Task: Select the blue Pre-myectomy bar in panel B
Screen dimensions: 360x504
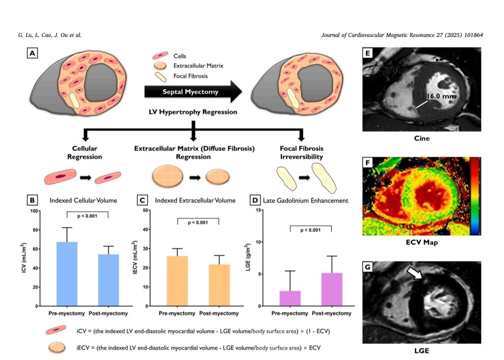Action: [x=67, y=274]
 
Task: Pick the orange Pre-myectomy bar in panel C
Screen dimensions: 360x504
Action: [x=177, y=281]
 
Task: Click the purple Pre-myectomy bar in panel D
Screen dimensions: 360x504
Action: [x=290, y=298]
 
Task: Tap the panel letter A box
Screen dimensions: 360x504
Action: [x=33, y=53]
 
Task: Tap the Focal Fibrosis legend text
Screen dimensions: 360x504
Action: [x=191, y=76]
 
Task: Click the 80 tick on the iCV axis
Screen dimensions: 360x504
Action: [x=34, y=230]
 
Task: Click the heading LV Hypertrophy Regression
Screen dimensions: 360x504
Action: [x=194, y=112]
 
